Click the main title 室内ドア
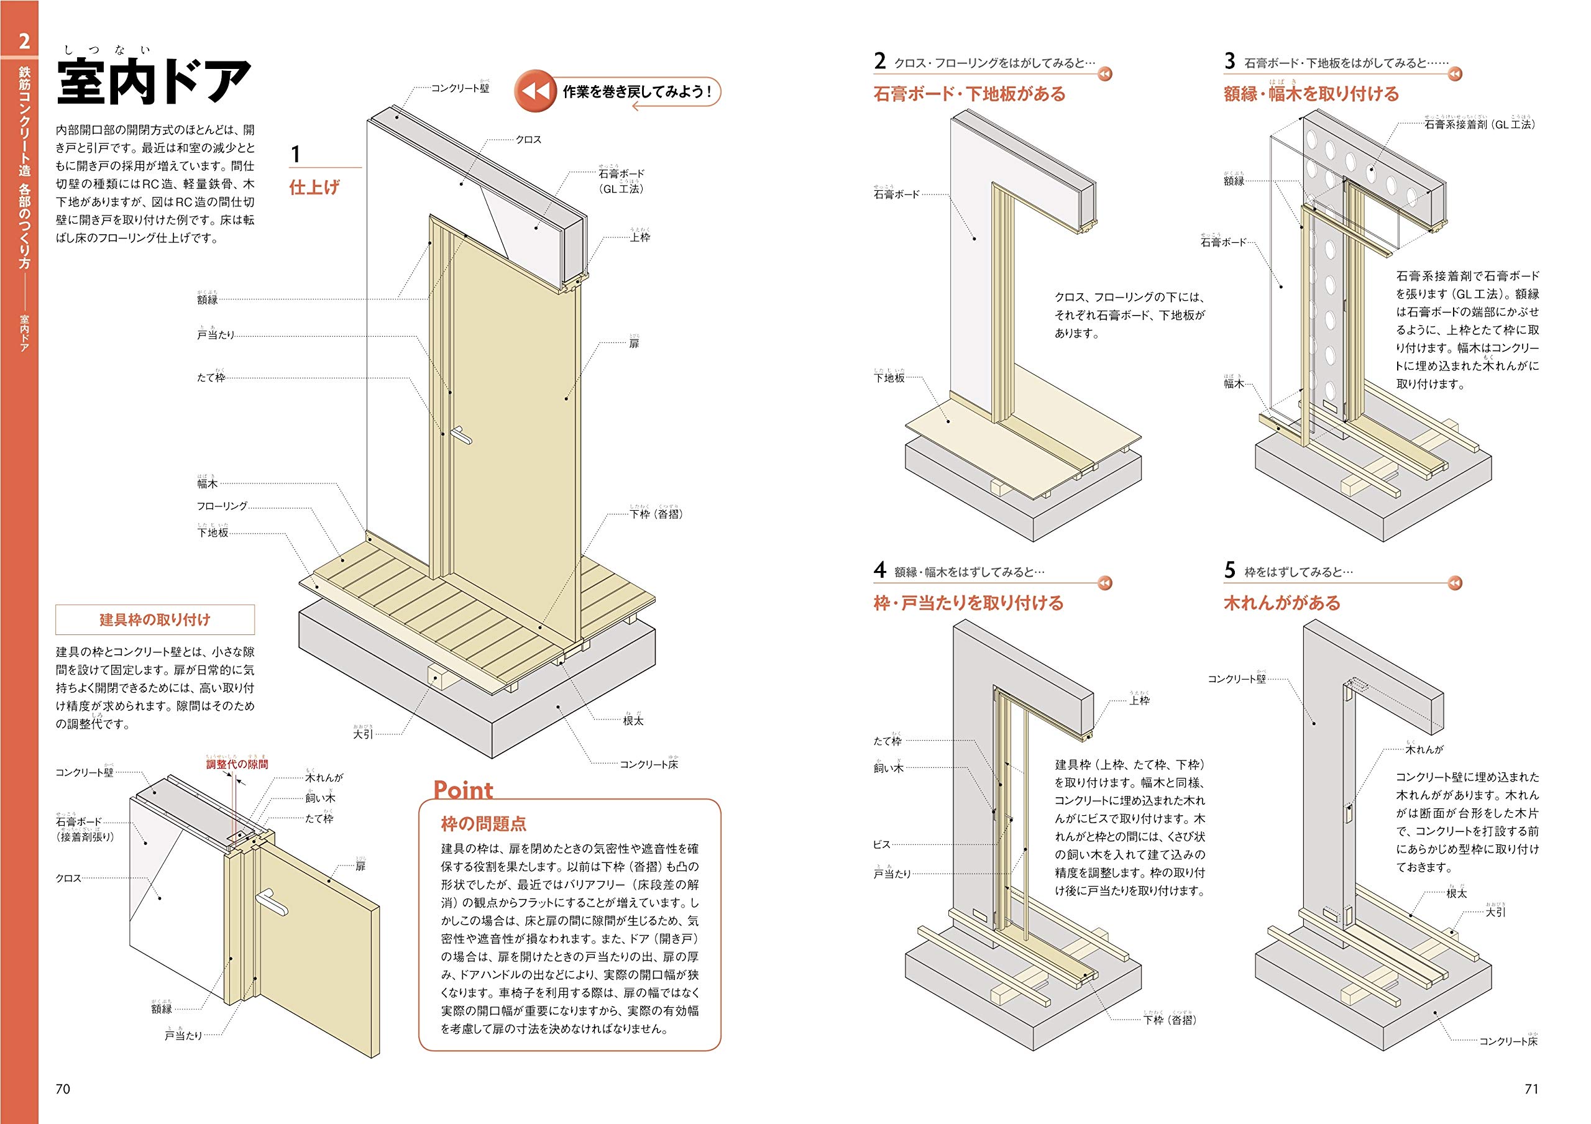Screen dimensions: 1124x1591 tap(154, 82)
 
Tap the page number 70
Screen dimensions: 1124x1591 tap(63, 1089)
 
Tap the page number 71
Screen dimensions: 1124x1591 tap(1531, 1089)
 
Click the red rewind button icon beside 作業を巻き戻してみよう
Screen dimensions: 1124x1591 tap(535, 91)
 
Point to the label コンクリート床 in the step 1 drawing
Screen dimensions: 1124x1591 tap(649, 764)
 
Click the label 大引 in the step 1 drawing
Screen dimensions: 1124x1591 tap(363, 734)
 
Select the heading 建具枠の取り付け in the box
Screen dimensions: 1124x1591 tap(155, 619)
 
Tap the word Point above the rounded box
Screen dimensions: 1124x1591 tap(463, 789)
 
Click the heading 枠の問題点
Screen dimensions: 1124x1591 tap(484, 824)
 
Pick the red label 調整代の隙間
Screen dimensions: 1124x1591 tap(237, 764)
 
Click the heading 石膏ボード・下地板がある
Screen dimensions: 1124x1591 tap(970, 94)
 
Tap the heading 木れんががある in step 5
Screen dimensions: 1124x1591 tap(1282, 602)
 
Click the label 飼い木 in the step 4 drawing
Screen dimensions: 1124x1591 tap(888, 769)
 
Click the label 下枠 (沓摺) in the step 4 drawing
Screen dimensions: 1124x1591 tap(1170, 1020)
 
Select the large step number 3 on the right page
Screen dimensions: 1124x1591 tap(1229, 61)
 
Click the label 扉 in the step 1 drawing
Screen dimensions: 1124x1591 tap(634, 344)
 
